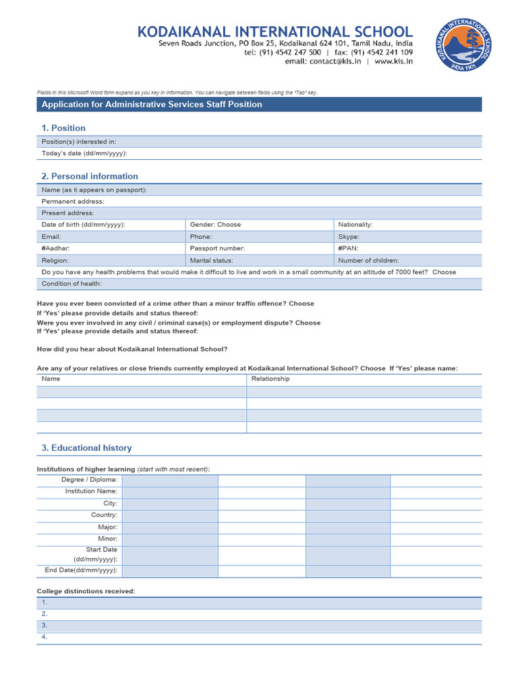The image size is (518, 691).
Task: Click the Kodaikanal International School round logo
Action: point(465,45)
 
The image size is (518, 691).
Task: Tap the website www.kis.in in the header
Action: point(394,61)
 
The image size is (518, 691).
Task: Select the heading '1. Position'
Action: point(63,128)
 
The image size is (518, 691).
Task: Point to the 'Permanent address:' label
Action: point(73,202)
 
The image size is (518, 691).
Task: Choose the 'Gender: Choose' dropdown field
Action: point(215,225)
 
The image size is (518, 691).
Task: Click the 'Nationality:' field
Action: point(355,225)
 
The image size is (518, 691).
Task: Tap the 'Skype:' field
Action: point(349,237)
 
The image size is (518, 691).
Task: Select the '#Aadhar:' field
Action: point(55,248)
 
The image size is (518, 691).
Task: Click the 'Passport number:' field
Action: point(217,248)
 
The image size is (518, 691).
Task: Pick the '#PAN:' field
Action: point(348,248)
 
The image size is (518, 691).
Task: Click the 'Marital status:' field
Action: point(211,260)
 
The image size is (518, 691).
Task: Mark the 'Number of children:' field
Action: point(368,260)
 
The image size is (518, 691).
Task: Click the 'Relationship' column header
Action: point(270,379)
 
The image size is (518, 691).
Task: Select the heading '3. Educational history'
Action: point(87,448)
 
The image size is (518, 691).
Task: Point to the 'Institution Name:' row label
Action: point(91,491)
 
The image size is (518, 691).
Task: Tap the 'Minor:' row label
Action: point(108,538)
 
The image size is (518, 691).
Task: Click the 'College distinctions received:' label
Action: point(86,592)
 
